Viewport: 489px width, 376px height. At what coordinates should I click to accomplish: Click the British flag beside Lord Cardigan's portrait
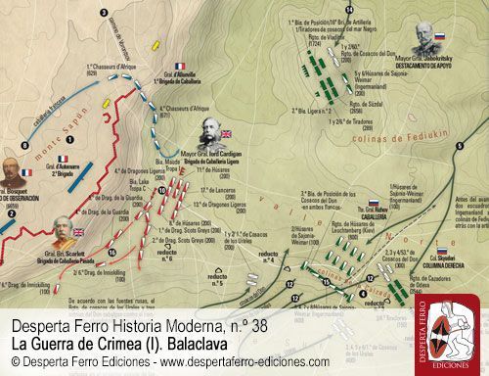coord(227,134)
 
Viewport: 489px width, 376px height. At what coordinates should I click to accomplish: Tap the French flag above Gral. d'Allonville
coord(180,67)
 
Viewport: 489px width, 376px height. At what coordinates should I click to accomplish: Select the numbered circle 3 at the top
coord(105,12)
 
